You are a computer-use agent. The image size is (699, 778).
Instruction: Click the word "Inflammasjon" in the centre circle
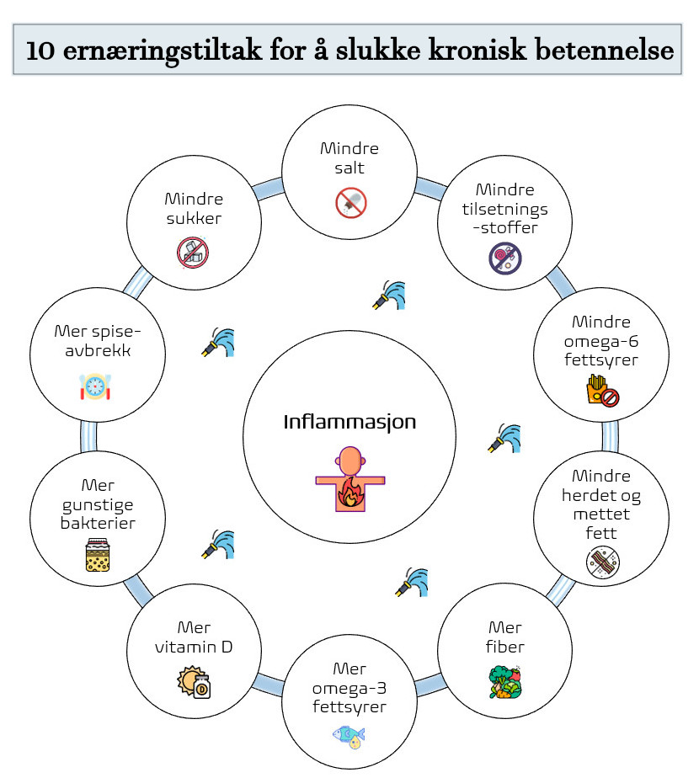tap(349, 421)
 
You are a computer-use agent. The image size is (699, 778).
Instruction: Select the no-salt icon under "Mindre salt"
tap(350, 202)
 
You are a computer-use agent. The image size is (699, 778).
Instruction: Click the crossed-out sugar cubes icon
tap(193, 252)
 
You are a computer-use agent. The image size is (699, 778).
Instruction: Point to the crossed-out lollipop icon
tap(504, 258)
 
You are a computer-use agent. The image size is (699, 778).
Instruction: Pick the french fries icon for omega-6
tap(601, 391)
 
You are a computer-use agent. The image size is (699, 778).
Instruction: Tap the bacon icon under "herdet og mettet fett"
tap(602, 562)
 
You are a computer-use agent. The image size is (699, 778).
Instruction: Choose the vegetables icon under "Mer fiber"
tap(504, 681)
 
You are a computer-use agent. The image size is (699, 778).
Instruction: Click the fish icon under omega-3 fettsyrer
tap(349, 737)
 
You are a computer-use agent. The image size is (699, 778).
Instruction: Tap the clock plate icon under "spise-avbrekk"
tap(96, 386)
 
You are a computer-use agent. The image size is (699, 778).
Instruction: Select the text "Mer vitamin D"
tap(194, 637)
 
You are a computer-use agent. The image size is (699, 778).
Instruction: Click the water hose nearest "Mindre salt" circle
tap(389, 295)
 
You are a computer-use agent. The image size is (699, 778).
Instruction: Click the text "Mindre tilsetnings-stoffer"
tap(505, 209)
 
